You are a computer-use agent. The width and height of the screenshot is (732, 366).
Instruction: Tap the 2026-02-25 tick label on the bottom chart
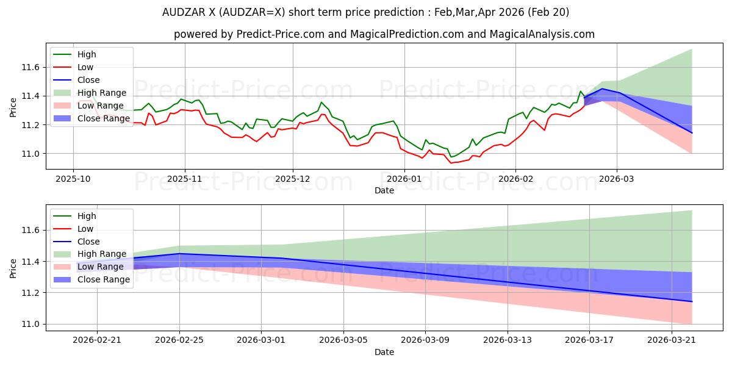pyautogui.click(x=179, y=340)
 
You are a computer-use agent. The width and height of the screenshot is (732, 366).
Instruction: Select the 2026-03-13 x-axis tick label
pyautogui.click(x=508, y=340)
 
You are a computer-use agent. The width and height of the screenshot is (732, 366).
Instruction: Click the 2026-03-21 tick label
pyautogui.click(x=672, y=340)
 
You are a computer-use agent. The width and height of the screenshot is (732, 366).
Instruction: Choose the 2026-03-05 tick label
pyautogui.click(x=343, y=340)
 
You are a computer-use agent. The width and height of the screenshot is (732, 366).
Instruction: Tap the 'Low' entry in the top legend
pyautogui.click(x=85, y=67)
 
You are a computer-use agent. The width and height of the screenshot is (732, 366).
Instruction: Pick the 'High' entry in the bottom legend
pyautogui.click(x=87, y=216)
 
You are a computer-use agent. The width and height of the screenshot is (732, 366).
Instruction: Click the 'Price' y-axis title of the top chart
pyautogui.click(x=13, y=107)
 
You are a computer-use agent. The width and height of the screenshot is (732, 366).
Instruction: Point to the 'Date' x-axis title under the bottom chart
pyautogui.click(x=384, y=352)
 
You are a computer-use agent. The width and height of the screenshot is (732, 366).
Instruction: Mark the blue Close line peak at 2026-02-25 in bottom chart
pyautogui.click(x=179, y=254)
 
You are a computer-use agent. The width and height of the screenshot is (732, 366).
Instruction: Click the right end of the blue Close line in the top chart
pyautogui.click(x=692, y=133)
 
